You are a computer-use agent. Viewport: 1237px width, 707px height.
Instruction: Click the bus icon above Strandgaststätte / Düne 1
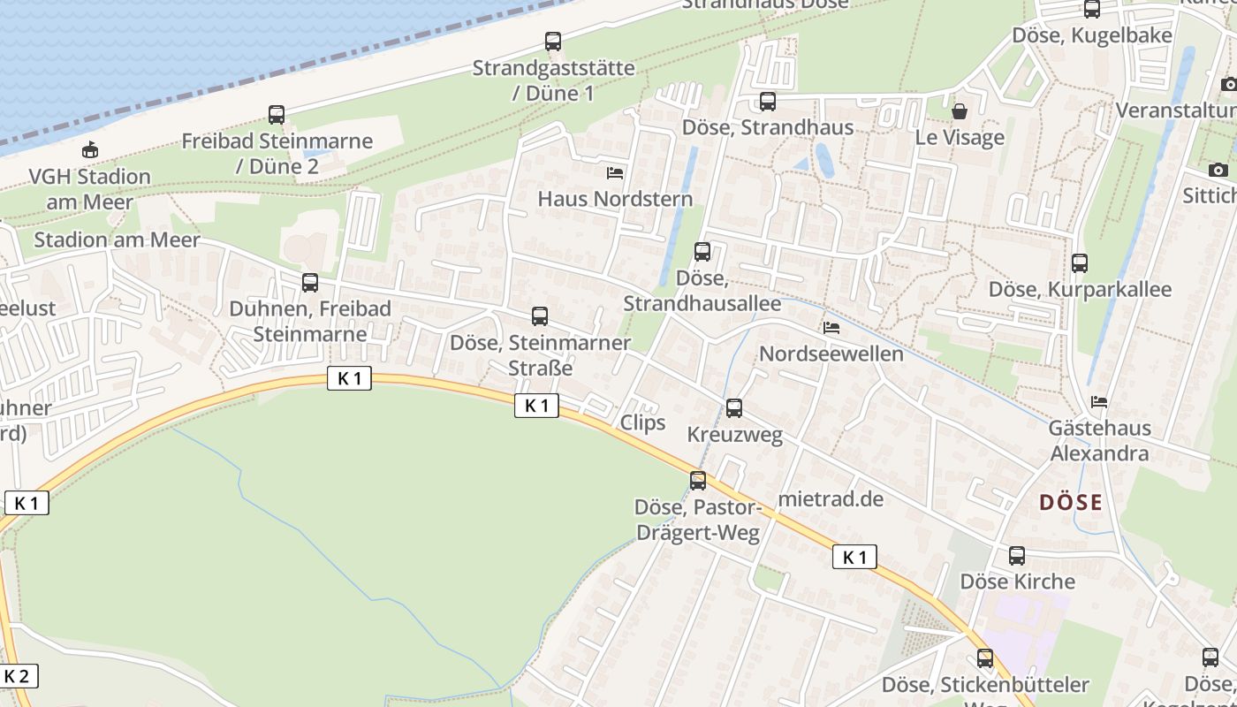[553, 41]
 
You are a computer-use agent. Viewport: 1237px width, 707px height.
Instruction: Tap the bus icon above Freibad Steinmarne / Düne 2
[277, 114]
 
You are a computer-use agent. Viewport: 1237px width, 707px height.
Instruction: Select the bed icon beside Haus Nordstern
[615, 172]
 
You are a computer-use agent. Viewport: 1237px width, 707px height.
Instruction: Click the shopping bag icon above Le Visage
[960, 111]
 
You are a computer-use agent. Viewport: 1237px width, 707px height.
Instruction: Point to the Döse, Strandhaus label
[768, 127]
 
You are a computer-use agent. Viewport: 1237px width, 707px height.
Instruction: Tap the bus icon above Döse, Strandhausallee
[702, 252]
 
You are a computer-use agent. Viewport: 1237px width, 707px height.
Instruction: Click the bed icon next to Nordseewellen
[831, 328]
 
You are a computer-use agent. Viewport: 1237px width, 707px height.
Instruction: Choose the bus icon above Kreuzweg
[734, 408]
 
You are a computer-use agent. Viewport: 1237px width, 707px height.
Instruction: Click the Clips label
[642, 422]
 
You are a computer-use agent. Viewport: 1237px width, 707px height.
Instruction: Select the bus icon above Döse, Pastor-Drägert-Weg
[698, 481]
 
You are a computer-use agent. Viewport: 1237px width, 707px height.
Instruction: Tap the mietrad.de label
[831, 498]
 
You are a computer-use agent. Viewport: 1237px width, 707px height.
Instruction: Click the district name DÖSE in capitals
[1071, 503]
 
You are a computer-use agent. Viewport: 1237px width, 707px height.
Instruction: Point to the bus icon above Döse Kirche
[1017, 556]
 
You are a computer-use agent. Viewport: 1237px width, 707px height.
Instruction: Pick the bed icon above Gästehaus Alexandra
[1099, 402]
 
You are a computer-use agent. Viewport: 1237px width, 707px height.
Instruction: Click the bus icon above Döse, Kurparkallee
[1080, 262]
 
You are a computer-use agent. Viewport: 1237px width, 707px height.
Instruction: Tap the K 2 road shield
[18, 677]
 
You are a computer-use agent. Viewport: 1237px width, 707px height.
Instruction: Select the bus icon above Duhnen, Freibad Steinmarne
[310, 283]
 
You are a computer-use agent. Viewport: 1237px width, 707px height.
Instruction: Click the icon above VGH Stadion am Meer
[89, 149]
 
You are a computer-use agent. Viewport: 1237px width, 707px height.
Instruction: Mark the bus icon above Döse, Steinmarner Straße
[540, 315]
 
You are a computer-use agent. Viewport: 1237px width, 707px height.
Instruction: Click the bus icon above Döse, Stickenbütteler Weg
[985, 658]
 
